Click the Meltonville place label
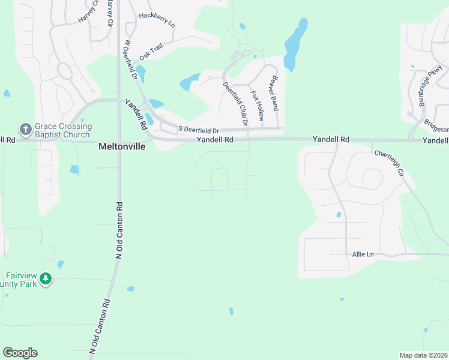(x=122, y=146)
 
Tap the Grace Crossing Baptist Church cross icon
(x=25, y=129)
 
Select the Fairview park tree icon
(x=46, y=279)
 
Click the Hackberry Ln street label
(x=157, y=20)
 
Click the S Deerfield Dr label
(x=200, y=130)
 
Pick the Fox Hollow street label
(x=257, y=106)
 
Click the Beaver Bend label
(x=275, y=93)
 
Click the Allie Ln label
(x=362, y=254)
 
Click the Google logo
(x=20, y=353)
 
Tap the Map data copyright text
(x=423, y=355)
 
